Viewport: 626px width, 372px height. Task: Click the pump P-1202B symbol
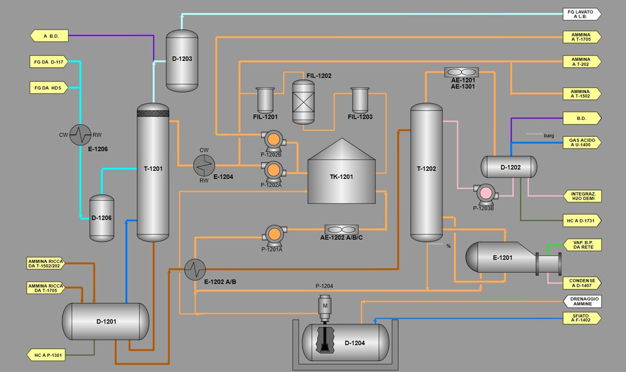point(273,140)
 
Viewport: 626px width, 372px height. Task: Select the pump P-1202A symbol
point(273,170)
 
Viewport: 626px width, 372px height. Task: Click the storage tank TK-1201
point(342,176)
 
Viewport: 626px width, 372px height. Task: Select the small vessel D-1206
point(102,218)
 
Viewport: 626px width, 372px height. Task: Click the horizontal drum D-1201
point(105,321)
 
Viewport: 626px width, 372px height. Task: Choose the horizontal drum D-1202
point(509,167)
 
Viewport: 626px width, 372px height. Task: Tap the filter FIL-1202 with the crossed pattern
point(304,102)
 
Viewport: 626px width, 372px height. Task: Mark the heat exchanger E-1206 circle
point(80,135)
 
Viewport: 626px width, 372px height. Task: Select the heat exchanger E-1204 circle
point(204,165)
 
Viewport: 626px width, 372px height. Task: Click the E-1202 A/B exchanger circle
point(195,269)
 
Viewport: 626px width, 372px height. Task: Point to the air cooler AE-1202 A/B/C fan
point(341,230)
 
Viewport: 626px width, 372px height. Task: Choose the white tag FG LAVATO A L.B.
point(581,14)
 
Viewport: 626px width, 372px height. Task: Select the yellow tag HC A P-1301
point(46,355)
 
